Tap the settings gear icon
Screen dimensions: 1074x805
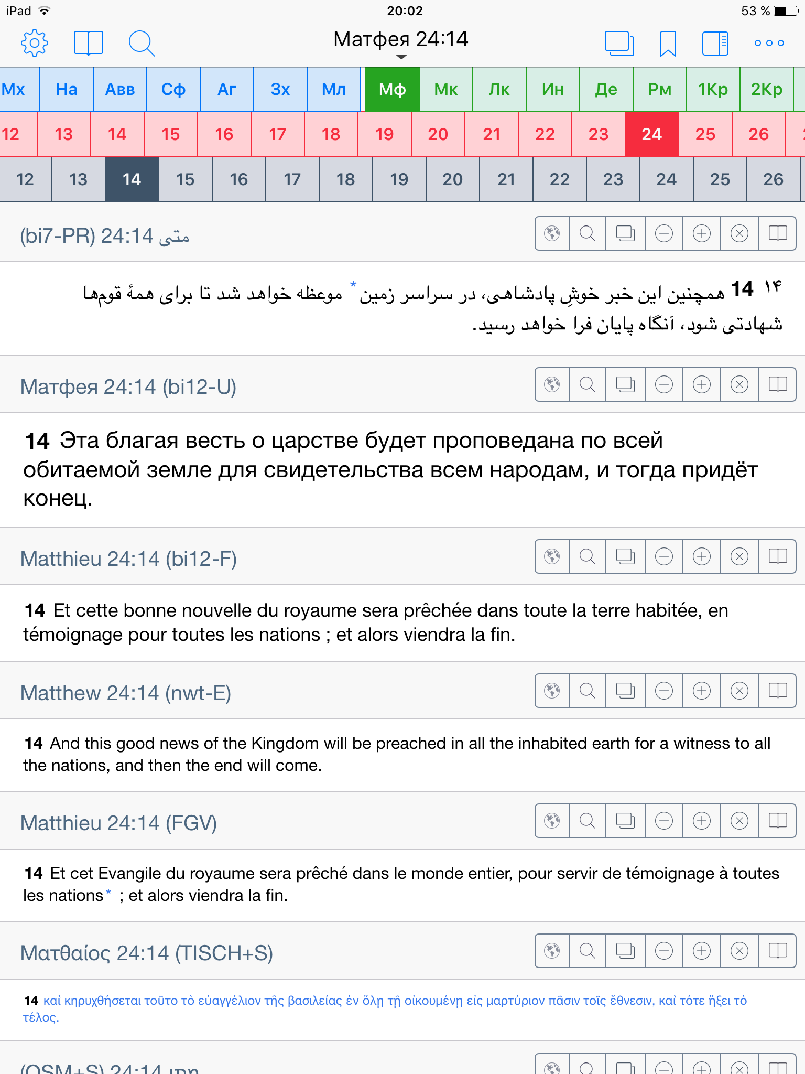pyautogui.click(x=35, y=43)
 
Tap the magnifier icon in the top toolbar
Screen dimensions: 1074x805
pyautogui.click(x=142, y=43)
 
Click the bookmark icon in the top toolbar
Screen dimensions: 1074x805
pyautogui.click(x=668, y=43)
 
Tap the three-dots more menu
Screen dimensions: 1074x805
pyautogui.click(x=769, y=43)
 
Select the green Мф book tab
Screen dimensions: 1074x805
pyautogui.click(x=392, y=89)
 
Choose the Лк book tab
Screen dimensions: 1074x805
pyautogui.click(x=499, y=89)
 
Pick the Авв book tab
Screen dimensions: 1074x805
pyautogui.click(x=120, y=89)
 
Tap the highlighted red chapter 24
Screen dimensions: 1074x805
pyautogui.click(x=651, y=134)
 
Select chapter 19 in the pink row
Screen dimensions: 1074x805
pyautogui.click(x=384, y=134)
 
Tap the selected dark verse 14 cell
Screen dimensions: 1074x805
pyautogui.click(x=132, y=179)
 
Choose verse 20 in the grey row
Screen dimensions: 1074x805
pyautogui.click(x=452, y=179)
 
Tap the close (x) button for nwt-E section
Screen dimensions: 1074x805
pyautogui.click(x=739, y=691)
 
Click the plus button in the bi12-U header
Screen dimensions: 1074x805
pyautogui.click(x=701, y=384)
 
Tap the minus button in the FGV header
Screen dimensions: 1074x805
pyautogui.click(x=663, y=821)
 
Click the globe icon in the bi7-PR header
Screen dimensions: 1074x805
pyautogui.click(x=552, y=233)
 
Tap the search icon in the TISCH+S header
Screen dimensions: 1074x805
pyautogui.click(x=588, y=951)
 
